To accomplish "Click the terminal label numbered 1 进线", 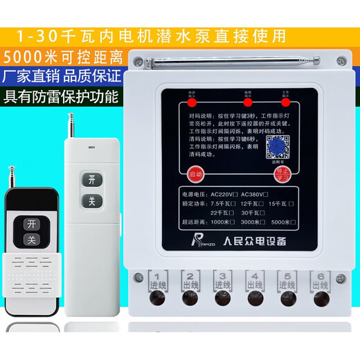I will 158,280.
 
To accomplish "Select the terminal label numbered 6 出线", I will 319,280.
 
